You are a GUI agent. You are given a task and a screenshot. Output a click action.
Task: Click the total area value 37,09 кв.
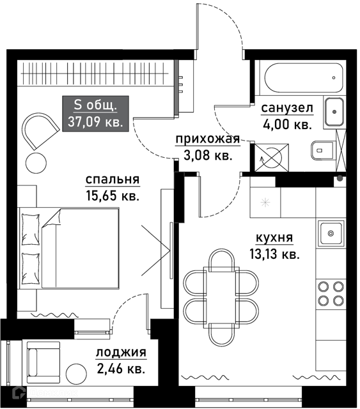pyautogui.click(x=95, y=122)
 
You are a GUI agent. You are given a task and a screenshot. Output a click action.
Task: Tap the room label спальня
pyautogui.click(x=113, y=180)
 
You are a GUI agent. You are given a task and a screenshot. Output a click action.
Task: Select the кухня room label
pyautogui.click(x=274, y=238)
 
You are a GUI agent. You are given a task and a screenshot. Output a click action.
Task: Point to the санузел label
pyautogui.click(x=287, y=108)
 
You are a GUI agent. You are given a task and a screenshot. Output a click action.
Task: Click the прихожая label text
pyautogui.click(x=208, y=139)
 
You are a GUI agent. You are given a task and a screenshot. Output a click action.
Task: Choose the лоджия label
pyautogui.click(x=121, y=353)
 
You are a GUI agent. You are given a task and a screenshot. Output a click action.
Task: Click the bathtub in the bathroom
pyautogui.click(x=303, y=78)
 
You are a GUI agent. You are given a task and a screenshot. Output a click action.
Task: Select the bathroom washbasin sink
pyautogui.click(x=334, y=112)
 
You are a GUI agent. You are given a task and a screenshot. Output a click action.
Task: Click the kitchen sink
pyautogui.click(x=331, y=233)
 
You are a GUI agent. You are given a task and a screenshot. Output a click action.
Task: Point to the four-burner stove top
pyautogui.click(x=331, y=293)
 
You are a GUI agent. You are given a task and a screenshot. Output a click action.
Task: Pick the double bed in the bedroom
pyautogui.click(x=69, y=248)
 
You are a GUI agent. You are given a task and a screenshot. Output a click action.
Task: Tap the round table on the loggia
pyautogui.click(x=76, y=374)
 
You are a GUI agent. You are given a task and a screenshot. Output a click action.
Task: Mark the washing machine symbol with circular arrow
pyautogui.click(x=272, y=158)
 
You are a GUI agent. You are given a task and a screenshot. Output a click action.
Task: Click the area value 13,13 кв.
pyautogui.click(x=274, y=254)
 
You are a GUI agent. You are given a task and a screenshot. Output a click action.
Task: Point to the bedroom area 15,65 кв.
pyautogui.click(x=113, y=196)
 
